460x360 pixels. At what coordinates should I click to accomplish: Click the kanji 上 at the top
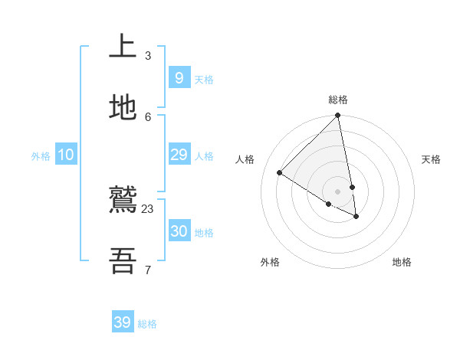pyautogui.click(x=123, y=47)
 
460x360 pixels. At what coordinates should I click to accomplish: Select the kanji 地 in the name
pyautogui.click(x=123, y=108)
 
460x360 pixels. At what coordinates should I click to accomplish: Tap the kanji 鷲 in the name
pyautogui.click(x=123, y=201)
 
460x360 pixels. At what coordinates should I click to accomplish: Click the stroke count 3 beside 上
pyautogui.click(x=147, y=55)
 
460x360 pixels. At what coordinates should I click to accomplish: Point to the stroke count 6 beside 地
pyautogui.click(x=147, y=116)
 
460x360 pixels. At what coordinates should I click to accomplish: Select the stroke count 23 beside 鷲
pyautogui.click(x=147, y=209)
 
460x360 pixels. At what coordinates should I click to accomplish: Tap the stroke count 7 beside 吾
pyautogui.click(x=147, y=270)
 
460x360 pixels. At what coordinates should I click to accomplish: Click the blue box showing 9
pyautogui.click(x=179, y=78)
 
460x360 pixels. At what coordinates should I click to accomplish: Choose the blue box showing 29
pyautogui.click(x=179, y=155)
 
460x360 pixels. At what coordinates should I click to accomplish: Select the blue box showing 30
pyautogui.click(x=179, y=231)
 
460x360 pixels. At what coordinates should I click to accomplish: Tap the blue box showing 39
pyautogui.click(x=123, y=322)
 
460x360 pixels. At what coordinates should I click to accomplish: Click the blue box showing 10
pyautogui.click(x=65, y=155)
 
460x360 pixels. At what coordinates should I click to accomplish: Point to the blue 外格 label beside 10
pyautogui.click(x=41, y=156)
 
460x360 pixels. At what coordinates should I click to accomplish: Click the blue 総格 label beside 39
pyautogui.click(x=148, y=324)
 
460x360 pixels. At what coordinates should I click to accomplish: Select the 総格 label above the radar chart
pyautogui.click(x=338, y=100)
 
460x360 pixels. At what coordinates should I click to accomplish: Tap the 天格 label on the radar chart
pyautogui.click(x=431, y=159)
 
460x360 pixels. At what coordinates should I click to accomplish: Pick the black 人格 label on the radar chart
pyautogui.click(x=245, y=159)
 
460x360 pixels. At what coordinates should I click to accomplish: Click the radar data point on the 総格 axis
pyautogui.click(x=338, y=116)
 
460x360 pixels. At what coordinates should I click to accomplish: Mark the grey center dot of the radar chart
pyautogui.click(x=338, y=191)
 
